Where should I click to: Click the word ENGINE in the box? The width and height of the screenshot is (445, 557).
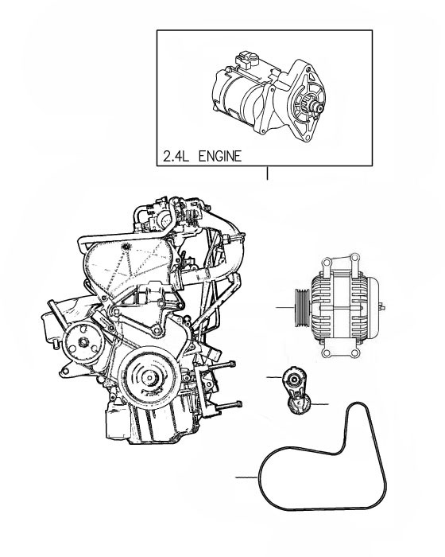coord(220,156)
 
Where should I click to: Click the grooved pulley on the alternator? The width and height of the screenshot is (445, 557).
coord(302,307)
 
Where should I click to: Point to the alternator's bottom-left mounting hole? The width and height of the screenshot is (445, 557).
coord(327,353)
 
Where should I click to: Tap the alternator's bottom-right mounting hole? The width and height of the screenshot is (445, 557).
coord(354,353)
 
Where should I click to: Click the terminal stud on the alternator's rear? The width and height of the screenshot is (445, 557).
coord(382,306)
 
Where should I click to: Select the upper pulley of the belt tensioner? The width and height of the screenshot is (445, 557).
coord(293,380)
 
